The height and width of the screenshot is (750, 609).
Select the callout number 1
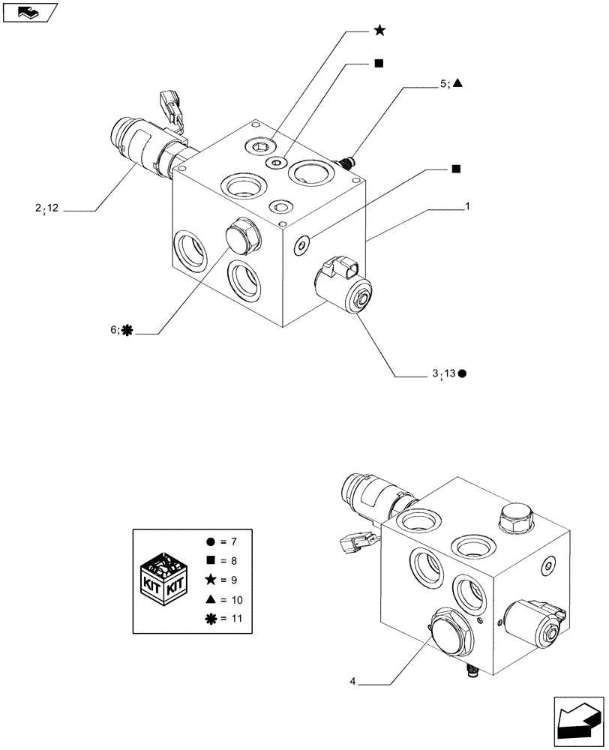(467, 204)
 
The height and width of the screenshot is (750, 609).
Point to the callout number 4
(352, 681)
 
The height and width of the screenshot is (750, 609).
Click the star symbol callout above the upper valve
(379, 30)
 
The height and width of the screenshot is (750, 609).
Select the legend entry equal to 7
(223, 541)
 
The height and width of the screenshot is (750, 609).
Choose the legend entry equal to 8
(223, 560)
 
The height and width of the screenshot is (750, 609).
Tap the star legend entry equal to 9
(223, 580)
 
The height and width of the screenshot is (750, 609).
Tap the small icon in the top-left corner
(30, 12)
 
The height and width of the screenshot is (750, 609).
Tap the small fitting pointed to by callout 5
(346, 160)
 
